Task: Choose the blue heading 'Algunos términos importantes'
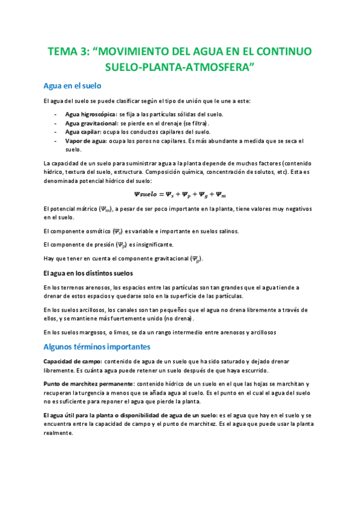point(97,347)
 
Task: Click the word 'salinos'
point(227,231)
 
